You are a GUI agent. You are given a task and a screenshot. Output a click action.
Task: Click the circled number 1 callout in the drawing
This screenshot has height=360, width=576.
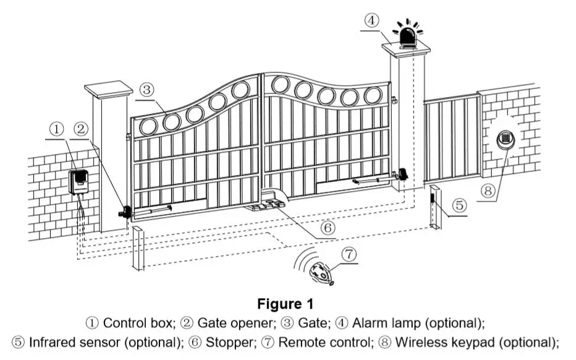[x=57, y=129]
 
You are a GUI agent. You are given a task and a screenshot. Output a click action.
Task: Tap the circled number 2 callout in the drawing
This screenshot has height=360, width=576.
[x=81, y=129]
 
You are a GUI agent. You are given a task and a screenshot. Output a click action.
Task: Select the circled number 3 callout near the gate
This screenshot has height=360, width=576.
[x=146, y=89]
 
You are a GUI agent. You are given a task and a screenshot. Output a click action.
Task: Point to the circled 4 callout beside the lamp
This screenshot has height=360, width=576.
[x=372, y=20]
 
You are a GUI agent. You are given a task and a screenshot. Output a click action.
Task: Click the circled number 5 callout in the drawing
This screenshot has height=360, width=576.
[x=459, y=205]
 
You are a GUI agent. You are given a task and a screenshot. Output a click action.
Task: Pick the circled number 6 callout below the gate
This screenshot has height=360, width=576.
[x=328, y=228]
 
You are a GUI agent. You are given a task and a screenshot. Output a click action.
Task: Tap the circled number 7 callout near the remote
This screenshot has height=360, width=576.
[x=349, y=254]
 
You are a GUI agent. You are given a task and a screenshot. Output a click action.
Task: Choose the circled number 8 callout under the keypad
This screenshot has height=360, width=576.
[x=488, y=191]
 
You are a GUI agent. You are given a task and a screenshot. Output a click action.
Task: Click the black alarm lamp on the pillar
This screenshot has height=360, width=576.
[x=408, y=36]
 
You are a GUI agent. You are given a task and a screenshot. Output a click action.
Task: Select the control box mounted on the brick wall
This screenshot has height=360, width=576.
[x=78, y=182]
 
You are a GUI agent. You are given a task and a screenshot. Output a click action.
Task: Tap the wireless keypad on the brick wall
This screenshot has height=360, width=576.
[x=506, y=139]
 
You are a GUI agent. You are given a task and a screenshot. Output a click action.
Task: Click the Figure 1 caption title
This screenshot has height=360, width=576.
[x=286, y=304]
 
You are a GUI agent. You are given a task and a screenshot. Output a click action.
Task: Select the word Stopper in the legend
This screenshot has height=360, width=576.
[x=230, y=342]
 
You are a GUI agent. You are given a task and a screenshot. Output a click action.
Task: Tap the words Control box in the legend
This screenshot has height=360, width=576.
[x=137, y=324]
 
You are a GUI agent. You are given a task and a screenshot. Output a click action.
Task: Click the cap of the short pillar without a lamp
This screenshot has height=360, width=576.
[x=109, y=89]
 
